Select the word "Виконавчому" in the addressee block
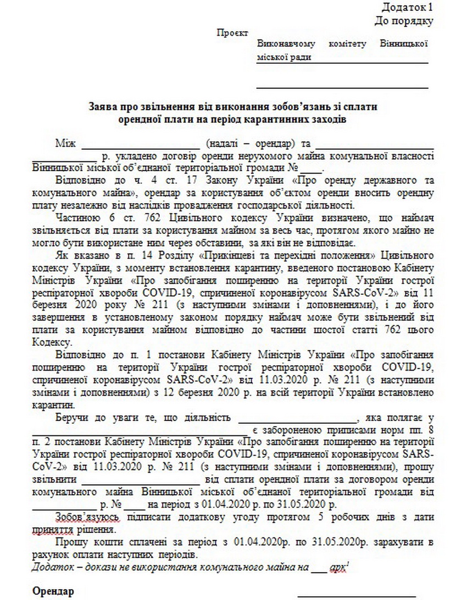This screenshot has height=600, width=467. (x=286, y=44)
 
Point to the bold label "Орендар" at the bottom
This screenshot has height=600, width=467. (x=53, y=591)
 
